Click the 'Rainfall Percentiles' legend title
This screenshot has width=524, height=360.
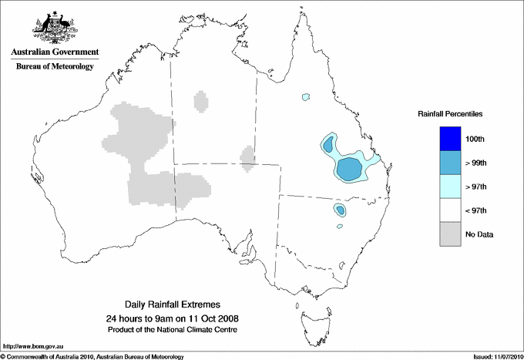tap(450, 113)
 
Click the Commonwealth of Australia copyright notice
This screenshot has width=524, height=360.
tap(92, 356)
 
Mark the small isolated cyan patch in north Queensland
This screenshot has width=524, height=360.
tap(306, 97)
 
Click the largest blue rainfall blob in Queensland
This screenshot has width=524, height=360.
tap(351, 167)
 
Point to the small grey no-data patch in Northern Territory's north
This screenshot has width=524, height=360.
tap(200, 101)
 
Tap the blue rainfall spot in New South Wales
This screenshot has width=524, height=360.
tap(340, 210)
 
